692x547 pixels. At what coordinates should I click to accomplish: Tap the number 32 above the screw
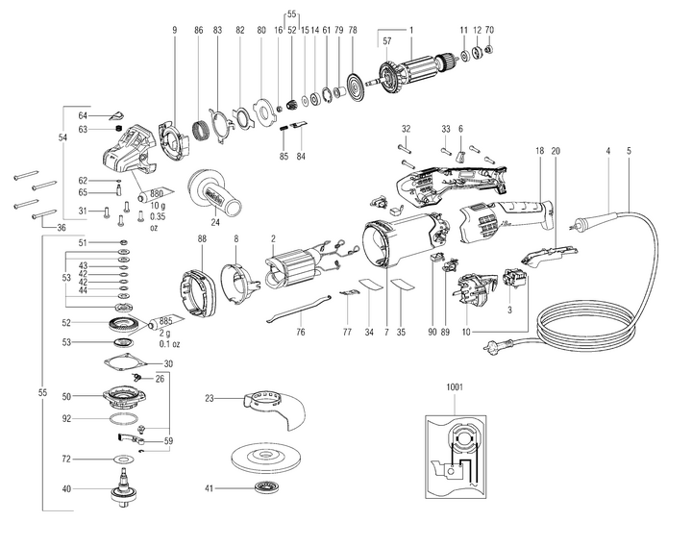coord(407,128)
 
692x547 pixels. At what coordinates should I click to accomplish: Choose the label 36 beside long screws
coord(62,227)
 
